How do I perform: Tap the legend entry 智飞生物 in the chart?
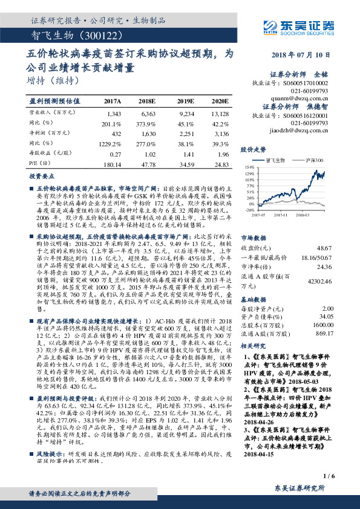coord(277,160)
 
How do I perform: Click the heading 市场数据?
coord(251,238)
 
